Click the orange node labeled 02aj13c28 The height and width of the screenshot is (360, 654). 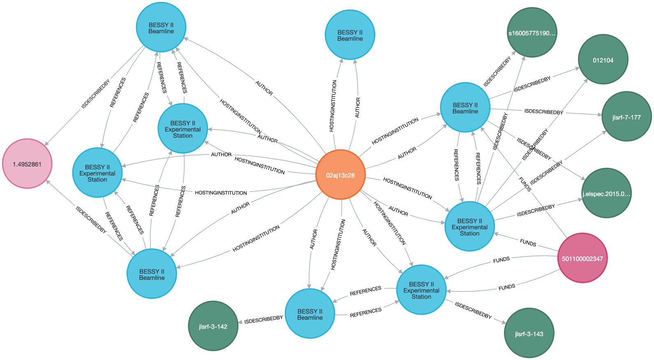pos(340,175)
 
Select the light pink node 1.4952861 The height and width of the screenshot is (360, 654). pos(27,164)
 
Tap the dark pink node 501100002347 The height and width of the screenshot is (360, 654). pos(582,258)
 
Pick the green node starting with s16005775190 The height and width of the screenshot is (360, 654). pos(532,33)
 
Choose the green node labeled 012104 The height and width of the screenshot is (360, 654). pos(603,60)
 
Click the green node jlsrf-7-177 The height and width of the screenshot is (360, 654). pos(626,117)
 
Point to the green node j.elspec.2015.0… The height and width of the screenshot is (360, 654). pos(606,194)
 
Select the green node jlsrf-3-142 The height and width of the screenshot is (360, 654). pos(213,326)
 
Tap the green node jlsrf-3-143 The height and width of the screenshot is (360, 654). pos(529,334)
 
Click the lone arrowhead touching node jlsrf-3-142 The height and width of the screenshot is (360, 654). pos(240,323)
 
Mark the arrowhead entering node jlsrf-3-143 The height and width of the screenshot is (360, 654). pos(503,322)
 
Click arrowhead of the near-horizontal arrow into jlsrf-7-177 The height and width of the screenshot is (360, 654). pos(599,115)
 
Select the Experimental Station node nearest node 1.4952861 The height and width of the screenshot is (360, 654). pos(97,173)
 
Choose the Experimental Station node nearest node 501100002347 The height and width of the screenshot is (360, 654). pos(469,227)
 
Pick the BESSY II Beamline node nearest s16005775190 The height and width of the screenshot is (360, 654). pos(465,108)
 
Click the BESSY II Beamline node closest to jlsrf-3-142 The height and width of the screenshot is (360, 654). pos(152,274)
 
